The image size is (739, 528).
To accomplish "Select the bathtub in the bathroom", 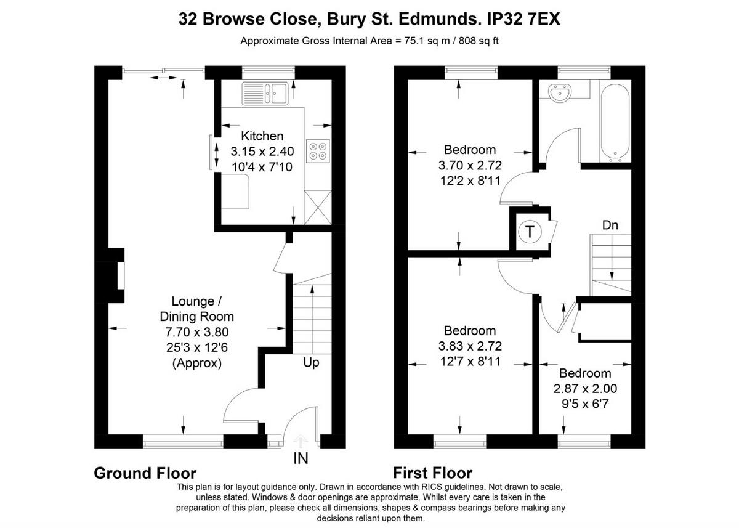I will click(x=614, y=121).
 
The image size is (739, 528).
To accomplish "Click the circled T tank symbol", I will click(x=528, y=232).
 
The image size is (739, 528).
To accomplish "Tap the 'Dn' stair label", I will click(x=610, y=225).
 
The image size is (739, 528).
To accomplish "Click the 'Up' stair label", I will click(x=311, y=363).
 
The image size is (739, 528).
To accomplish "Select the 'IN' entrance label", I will click(x=301, y=458).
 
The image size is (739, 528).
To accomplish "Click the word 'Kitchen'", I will click(x=262, y=136).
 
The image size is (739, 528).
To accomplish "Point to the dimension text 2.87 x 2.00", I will click(x=584, y=389).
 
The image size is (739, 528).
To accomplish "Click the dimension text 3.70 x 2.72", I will click(x=470, y=165).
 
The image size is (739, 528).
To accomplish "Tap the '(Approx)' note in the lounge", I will click(x=196, y=364).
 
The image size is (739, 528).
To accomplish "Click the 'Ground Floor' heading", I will click(x=145, y=473).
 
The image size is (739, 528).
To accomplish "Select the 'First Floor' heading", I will click(x=432, y=473).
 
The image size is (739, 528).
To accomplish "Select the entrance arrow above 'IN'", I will click(x=301, y=440).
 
